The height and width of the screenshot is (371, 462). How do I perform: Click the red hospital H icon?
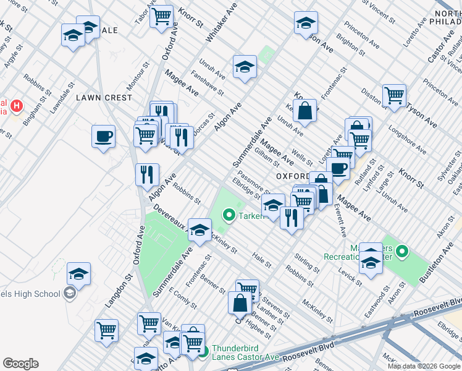16,106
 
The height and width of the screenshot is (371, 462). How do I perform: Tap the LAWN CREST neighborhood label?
104,98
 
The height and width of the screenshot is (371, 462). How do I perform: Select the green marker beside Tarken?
229,216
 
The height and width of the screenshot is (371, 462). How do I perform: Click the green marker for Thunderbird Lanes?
203,352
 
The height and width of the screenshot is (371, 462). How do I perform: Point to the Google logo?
20,364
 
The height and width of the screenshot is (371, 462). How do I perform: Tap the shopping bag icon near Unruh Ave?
304,111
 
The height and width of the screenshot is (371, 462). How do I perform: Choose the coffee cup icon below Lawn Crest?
103,135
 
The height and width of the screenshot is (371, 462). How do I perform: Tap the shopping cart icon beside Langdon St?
107,330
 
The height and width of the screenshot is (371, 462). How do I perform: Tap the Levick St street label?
350,276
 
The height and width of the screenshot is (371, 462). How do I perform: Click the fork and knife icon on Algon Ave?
147,174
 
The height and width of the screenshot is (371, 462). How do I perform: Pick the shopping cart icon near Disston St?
393,95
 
